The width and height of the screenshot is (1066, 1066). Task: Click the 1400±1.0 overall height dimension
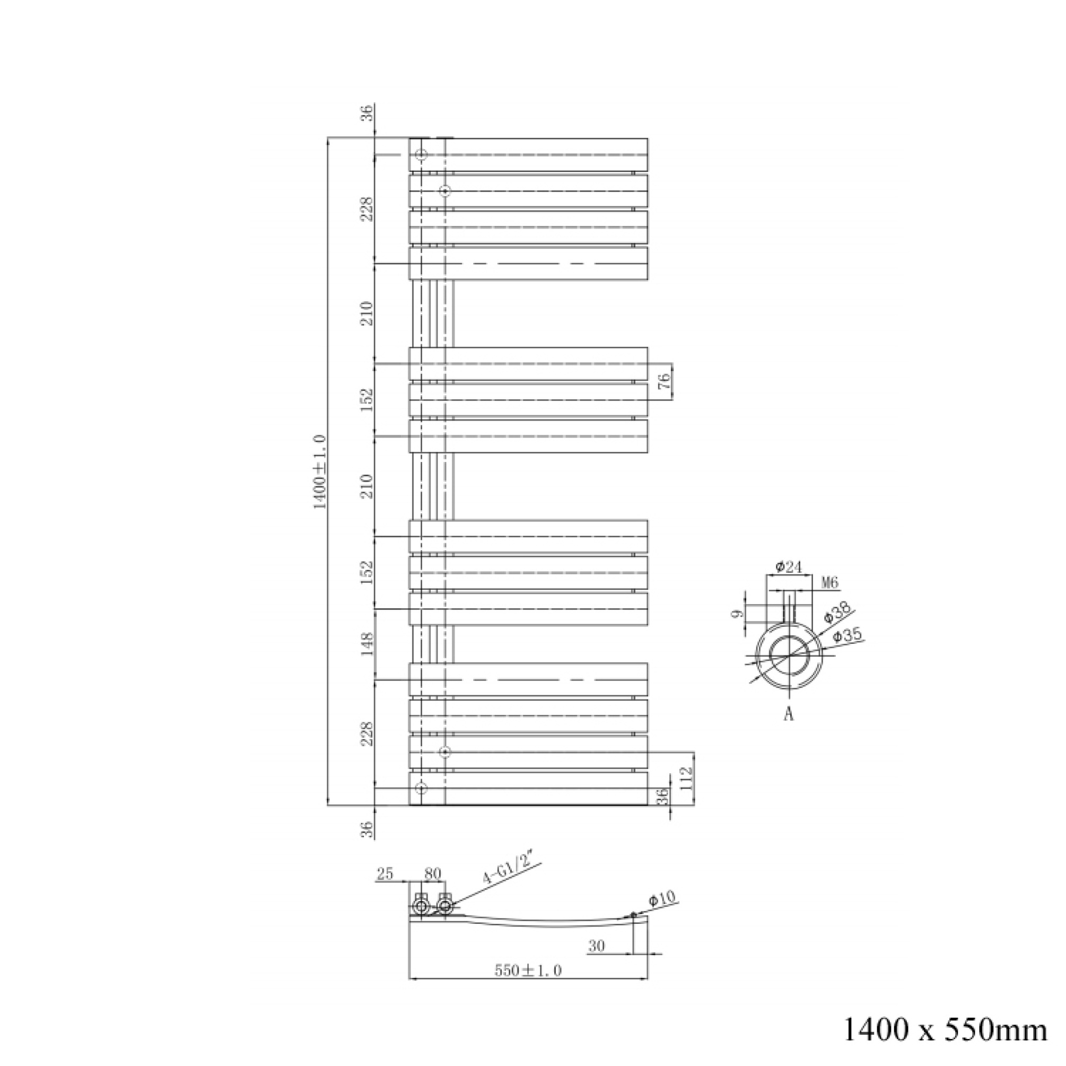(320, 472)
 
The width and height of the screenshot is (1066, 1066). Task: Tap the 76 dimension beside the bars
(665, 381)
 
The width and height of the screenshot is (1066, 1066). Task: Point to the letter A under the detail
(789, 714)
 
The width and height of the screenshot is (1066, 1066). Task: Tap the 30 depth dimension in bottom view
(597, 946)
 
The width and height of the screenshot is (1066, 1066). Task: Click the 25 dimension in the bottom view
(385, 874)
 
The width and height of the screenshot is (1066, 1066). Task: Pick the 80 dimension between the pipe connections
(433, 874)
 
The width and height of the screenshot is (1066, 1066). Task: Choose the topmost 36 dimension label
(368, 113)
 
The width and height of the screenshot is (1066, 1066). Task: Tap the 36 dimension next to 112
(663, 795)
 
